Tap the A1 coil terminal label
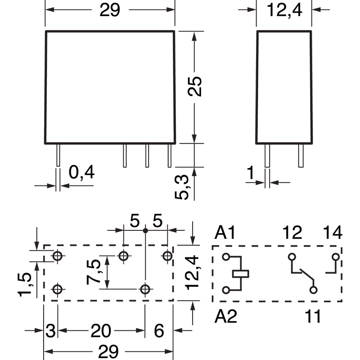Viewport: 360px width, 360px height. tap(225, 233)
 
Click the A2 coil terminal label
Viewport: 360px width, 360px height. tap(226, 316)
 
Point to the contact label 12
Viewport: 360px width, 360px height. tap(293, 233)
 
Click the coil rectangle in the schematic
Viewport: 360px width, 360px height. tap(241, 273)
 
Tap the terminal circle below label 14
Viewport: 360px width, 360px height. tap(335, 257)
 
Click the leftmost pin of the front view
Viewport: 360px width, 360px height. tap(58, 155)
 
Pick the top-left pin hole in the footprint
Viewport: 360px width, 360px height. tap(58, 256)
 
